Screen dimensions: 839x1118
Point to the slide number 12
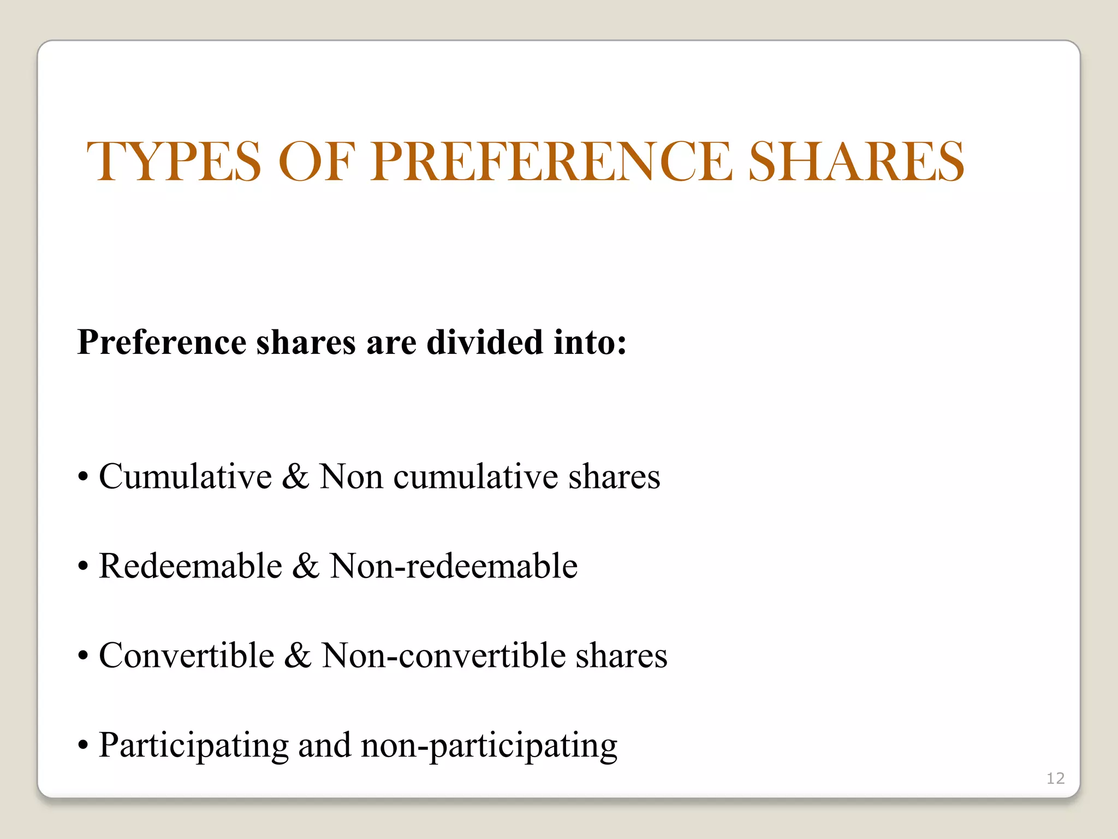[1055, 778]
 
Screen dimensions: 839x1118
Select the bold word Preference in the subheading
[162, 342]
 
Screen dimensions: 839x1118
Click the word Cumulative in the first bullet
[185, 476]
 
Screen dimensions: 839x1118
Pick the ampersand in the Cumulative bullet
[295, 476]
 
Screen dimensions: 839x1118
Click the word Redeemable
[191, 566]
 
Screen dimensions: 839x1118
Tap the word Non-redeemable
[453, 566]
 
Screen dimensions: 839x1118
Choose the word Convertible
[186, 655]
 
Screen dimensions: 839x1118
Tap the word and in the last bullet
[324, 745]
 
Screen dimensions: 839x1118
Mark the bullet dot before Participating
[83, 745]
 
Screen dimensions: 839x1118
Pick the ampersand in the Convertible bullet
[298, 655]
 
